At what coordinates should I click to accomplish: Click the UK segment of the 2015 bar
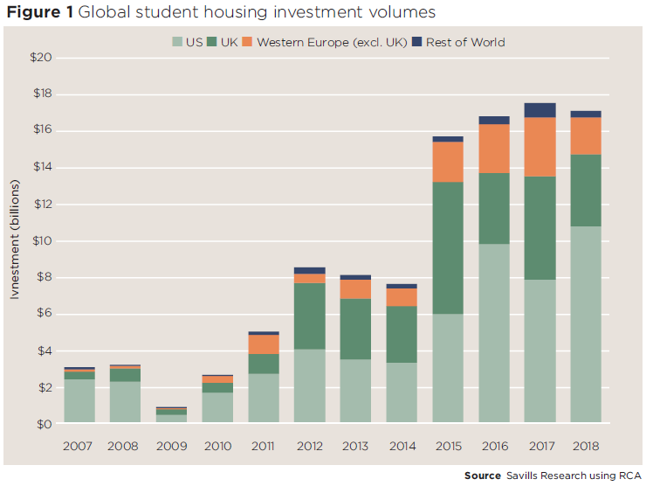(x=448, y=248)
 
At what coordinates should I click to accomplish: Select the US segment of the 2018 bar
(x=586, y=325)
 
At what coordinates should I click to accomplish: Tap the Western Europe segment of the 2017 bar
(x=540, y=147)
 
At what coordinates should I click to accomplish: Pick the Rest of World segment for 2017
(x=540, y=110)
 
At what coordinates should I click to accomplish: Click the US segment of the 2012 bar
(x=310, y=386)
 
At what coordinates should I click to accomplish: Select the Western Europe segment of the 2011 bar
(x=264, y=344)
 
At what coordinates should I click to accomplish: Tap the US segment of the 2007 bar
(x=79, y=401)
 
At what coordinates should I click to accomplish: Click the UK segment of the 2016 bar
(x=494, y=208)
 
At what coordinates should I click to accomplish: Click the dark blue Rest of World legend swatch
(x=417, y=42)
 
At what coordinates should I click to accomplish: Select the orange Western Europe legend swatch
(x=248, y=42)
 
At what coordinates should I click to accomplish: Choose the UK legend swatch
(x=213, y=42)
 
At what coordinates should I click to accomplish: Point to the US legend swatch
(x=177, y=42)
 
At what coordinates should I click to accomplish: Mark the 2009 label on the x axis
(x=172, y=446)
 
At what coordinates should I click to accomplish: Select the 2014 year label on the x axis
(x=402, y=446)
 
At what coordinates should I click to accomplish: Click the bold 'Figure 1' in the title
(x=41, y=13)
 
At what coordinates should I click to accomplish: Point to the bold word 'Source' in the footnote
(x=482, y=475)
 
